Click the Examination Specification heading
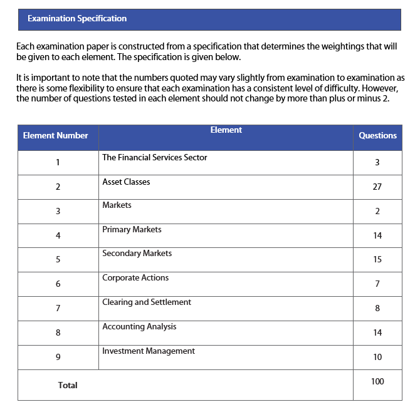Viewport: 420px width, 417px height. (77, 19)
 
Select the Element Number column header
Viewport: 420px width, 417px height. (55, 136)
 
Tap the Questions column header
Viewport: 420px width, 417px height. (377, 136)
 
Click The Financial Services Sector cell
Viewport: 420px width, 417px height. (154, 158)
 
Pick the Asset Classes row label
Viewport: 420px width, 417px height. (126, 182)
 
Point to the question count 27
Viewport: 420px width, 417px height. (377, 187)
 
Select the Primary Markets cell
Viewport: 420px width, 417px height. (132, 230)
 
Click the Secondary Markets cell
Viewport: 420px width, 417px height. (137, 254)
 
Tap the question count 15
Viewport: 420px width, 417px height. (377, 259)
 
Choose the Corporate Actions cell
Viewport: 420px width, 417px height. (135, 278)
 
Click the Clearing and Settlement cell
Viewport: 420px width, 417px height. (147, 302)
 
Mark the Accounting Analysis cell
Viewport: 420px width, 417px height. (139, 327)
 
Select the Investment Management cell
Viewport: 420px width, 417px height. (149, 351)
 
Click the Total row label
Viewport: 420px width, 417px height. (68, 386)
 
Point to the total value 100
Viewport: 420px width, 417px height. (377, 381)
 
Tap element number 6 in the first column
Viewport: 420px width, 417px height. (58, 284)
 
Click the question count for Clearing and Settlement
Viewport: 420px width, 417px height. (377, 308)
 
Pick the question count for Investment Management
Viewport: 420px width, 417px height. (377, 357)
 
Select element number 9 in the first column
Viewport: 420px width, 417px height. (58, 358)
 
